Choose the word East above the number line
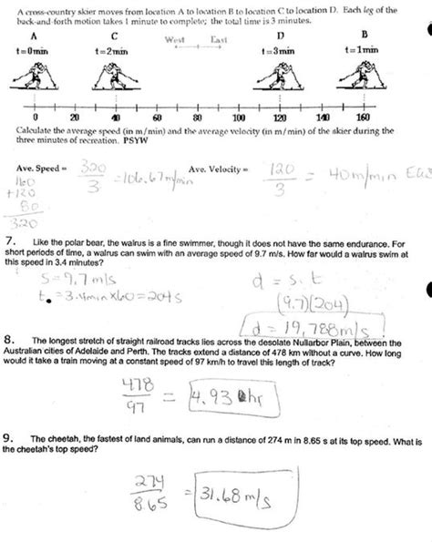pos(219,39)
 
